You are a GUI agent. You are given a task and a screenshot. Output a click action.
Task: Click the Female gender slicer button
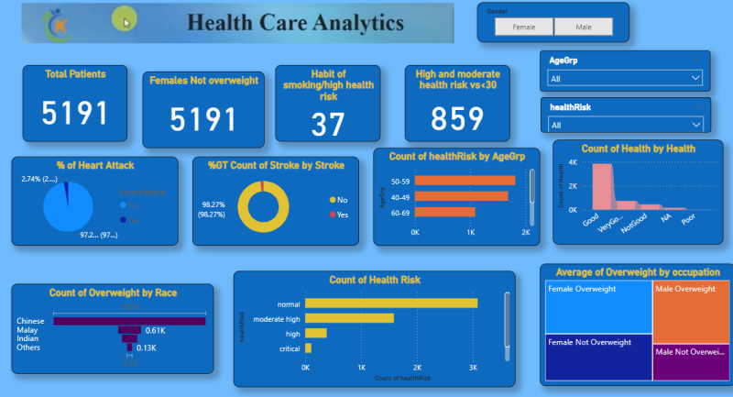coord(524,28)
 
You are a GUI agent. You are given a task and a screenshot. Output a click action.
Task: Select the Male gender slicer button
coord(584,28)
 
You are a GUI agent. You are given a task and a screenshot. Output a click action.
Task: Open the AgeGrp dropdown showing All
coord(624,79)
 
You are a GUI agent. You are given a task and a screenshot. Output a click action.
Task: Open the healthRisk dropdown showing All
coord(624,125)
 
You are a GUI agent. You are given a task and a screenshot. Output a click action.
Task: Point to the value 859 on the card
coord(457,118)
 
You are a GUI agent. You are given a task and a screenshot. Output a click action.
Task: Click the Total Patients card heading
coord(75,74)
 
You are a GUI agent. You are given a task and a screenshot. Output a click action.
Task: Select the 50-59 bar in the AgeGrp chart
coord(465,181)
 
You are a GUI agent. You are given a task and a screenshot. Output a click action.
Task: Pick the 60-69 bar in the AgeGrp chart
coord(445,212)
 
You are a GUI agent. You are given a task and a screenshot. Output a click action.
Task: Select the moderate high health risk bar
coord(349,318)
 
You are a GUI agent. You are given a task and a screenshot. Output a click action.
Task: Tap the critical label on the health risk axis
coord(290,348)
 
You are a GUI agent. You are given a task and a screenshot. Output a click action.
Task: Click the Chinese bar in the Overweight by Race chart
coord(129,321)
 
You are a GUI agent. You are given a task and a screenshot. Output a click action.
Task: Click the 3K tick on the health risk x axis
coord(473,369)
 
